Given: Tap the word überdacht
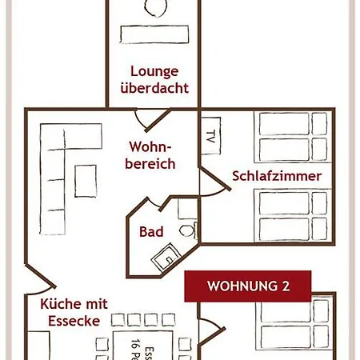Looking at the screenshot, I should (x=154, y=87).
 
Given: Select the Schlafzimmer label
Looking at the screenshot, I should (x=277, y=175).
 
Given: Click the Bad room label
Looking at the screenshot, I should (x=151, y=232).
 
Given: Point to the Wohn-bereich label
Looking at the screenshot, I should (x=151, y=155).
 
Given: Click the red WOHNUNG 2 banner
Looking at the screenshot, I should (x=248, y=286).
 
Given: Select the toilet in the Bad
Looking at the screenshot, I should (x=186, y=231).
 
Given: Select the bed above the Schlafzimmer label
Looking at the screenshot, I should (x=291, y=136).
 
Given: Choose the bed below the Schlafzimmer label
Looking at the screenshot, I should (x=291, y=214).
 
